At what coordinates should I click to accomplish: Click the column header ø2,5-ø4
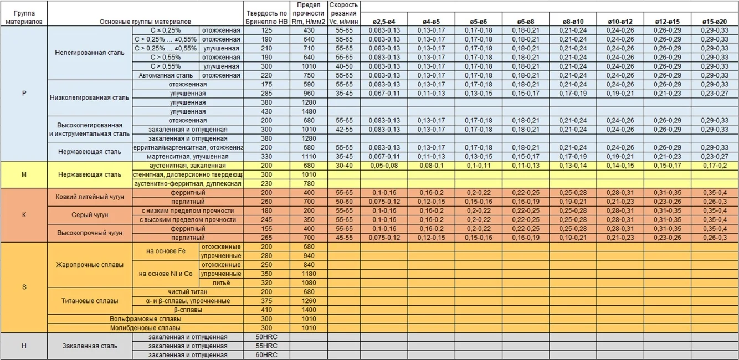pos(383,22)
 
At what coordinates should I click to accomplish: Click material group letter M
pos(24,174)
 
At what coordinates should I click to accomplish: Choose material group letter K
pos(24,214)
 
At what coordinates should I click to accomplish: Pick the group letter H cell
pos(24,346)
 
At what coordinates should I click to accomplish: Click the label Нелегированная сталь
pos(90,53)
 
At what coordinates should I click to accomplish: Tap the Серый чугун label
pos(90,215)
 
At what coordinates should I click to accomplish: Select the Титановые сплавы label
pos(90,301)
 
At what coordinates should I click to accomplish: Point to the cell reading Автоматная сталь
pos(166,75)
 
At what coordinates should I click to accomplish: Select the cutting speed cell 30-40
pos(343,166)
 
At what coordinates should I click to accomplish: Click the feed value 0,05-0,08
pos(383,166)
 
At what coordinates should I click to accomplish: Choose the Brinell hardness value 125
pos(266,30)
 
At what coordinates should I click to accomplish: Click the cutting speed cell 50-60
pos(343,202)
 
